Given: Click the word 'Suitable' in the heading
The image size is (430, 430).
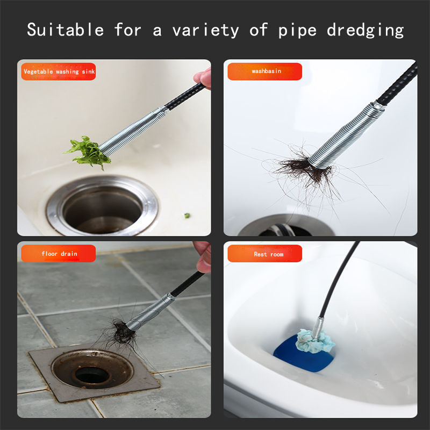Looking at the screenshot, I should pos(66,30).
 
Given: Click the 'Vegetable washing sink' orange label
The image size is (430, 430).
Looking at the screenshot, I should pos(59,71).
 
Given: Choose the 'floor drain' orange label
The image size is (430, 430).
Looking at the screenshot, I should pos(59,253).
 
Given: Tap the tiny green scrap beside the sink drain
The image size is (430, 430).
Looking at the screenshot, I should pos(187,216).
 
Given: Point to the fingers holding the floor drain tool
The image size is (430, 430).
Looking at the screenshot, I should pos(204,256).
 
